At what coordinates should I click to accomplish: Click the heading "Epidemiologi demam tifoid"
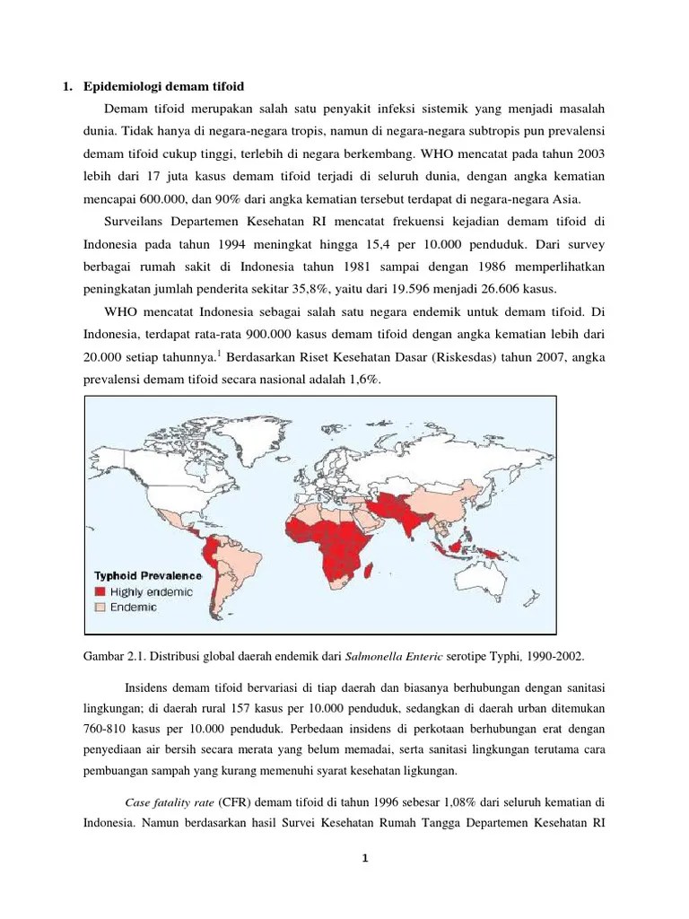164,86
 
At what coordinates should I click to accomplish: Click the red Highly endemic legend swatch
101,592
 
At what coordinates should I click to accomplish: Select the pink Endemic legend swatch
101,608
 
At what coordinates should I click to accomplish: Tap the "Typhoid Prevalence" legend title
149,576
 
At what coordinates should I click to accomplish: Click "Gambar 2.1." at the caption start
112,656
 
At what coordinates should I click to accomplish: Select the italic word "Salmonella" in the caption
373,656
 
